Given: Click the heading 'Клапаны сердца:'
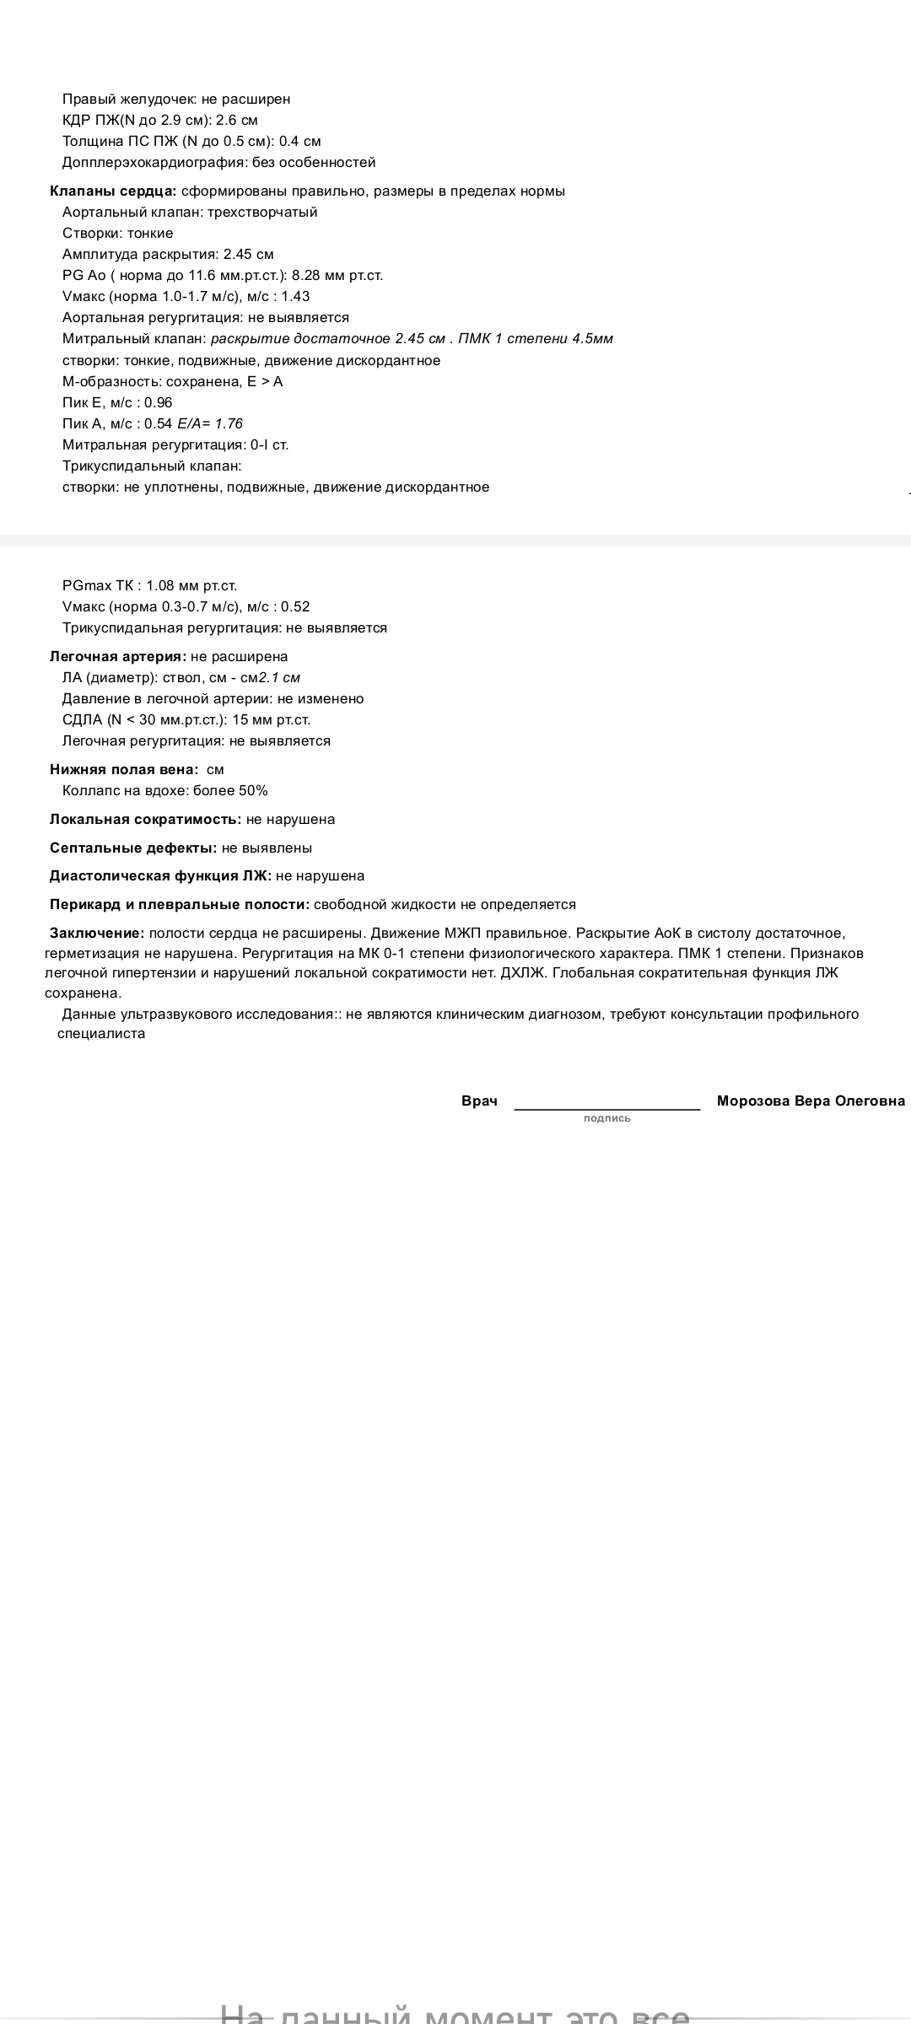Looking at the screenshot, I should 113,191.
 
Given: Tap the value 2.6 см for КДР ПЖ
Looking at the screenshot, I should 237,120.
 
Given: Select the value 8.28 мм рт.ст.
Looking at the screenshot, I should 337,275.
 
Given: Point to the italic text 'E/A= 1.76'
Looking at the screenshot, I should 210,423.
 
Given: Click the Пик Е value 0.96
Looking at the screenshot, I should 159,402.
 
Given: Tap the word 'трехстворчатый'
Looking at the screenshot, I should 262,212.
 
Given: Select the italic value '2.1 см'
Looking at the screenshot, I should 279,677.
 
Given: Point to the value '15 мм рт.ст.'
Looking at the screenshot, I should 271,719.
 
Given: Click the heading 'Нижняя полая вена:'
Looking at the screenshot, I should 124,769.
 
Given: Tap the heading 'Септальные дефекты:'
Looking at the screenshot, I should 133,848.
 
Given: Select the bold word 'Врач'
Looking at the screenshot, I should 479,1101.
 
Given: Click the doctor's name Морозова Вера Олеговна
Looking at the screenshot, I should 811,1101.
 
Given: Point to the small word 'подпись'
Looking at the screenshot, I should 606,1118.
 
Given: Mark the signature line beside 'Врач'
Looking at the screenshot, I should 606,1108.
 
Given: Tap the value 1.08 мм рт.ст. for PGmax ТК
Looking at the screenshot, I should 191,585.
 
